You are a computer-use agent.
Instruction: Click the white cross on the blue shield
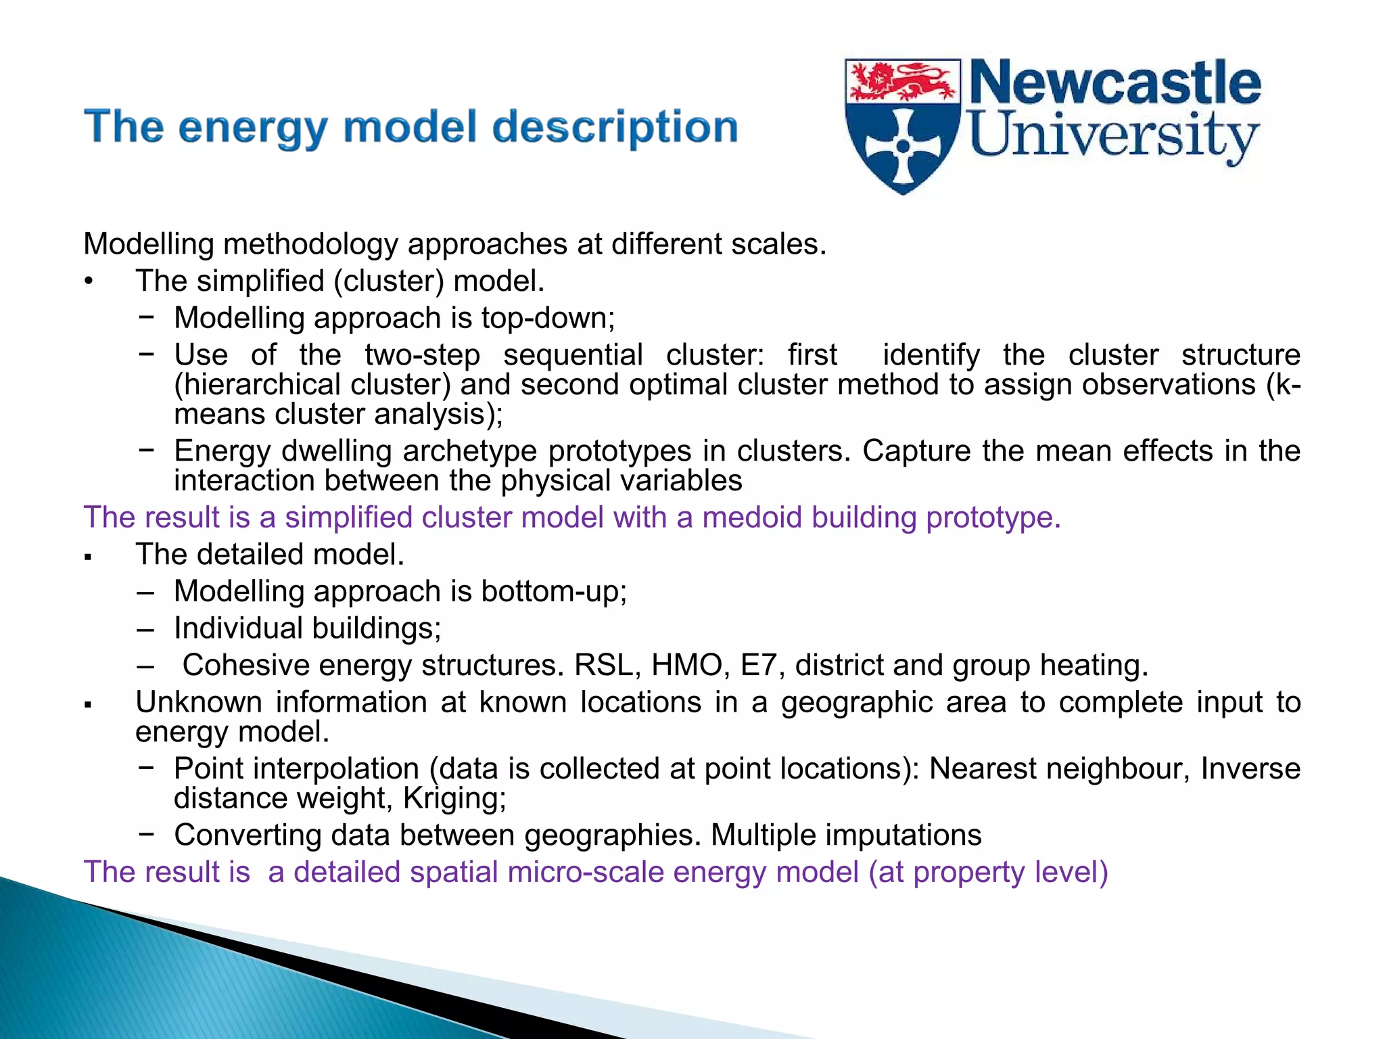click(903, 146)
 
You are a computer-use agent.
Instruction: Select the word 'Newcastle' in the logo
click(1115, 83)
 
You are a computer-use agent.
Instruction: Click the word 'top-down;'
click(548, 318)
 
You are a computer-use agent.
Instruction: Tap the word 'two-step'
click(423, 355)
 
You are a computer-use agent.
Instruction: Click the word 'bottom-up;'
click(554, 591)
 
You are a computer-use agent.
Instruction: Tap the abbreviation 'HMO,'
click(690, 665)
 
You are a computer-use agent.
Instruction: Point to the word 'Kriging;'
click(454, 798)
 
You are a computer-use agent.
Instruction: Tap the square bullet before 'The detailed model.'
click(88, 557)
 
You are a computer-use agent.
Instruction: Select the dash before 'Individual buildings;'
click(145, 629)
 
